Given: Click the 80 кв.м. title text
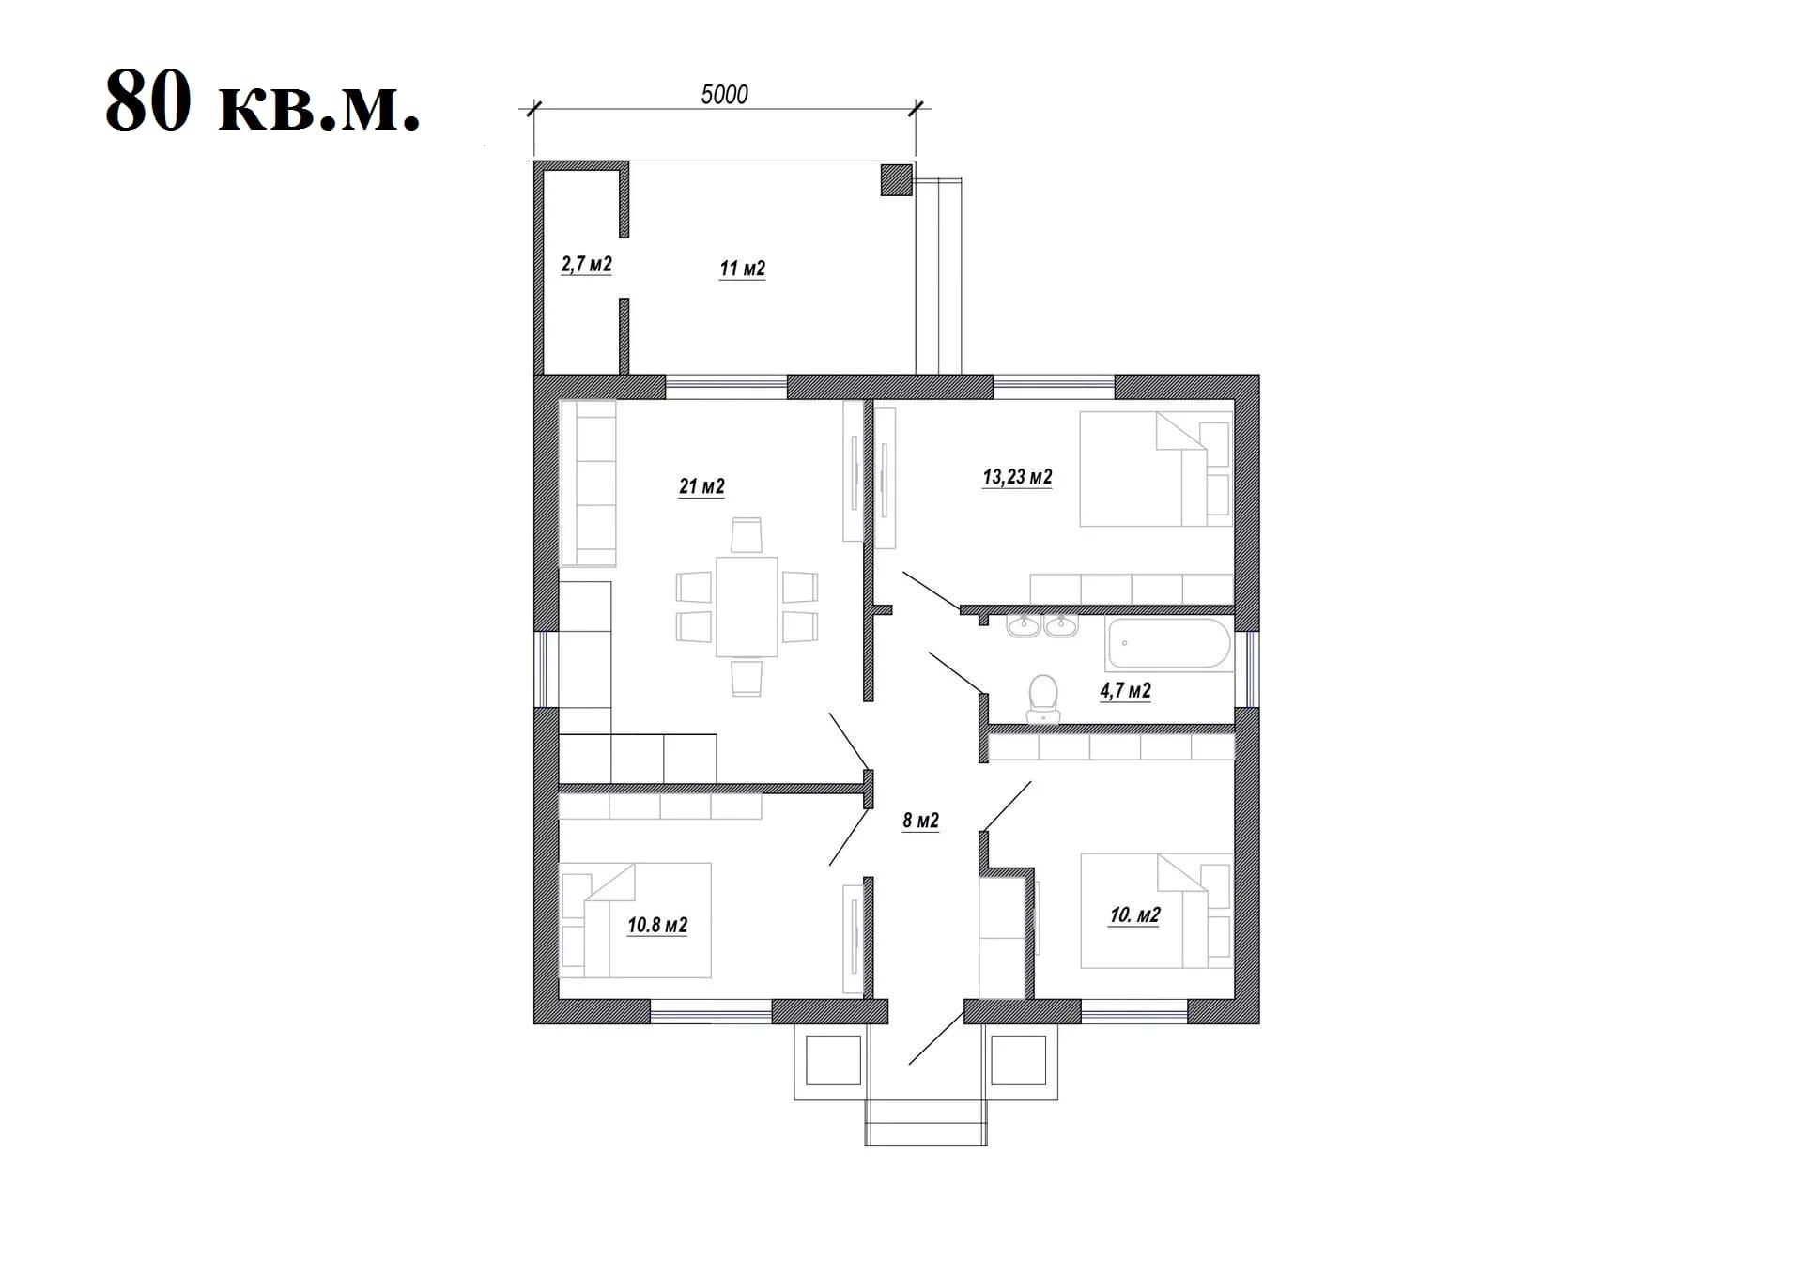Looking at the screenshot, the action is (262, 101).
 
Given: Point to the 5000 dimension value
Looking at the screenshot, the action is (724, 94).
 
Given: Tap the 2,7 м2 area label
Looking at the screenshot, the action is (586, 265).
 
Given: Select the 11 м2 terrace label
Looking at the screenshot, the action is (742, 269).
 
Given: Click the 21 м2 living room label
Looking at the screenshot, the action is (701, 486).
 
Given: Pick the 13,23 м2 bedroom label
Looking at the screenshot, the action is (1017, 477).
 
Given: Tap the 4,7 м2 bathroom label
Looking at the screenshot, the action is (1125, 691).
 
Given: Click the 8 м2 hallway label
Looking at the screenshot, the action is (920, 821).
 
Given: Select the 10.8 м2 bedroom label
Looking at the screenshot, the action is (657, 926).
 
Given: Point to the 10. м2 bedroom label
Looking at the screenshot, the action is (1134, 915).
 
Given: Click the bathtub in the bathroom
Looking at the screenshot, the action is (1168, 643).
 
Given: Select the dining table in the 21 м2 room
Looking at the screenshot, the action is (747, 607).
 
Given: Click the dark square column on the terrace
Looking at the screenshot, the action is (897, 179).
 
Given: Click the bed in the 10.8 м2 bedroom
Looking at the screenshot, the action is (635, 920).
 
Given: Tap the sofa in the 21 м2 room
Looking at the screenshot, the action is (588, 483).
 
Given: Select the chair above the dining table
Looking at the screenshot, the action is (747, 535).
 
